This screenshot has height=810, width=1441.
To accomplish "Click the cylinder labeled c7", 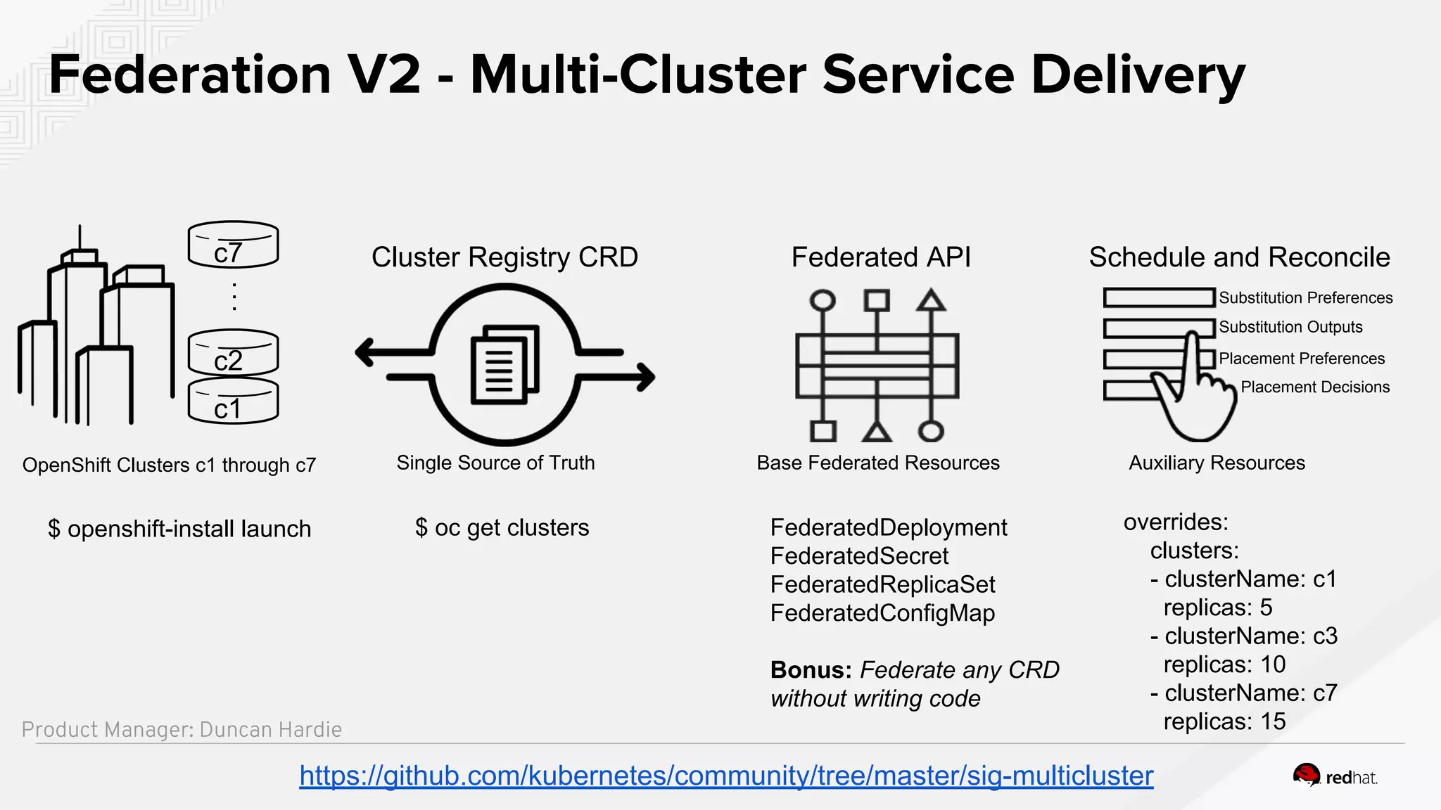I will tap(233, 245).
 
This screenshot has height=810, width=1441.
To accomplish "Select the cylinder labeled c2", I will tap(233, 354).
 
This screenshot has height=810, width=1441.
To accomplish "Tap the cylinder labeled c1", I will tap(233, 402).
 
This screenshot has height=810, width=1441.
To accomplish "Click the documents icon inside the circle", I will tap(504, 364).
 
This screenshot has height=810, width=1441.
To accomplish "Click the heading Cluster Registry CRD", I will tap(504, 257).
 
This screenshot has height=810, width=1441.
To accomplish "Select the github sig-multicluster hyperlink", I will tap(726, 776).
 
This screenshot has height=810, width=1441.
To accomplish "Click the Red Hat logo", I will tap(1334, 777).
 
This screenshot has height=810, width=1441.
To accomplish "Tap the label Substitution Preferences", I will tap(1305, 298).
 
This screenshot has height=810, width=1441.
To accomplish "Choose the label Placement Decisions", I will tap(1314, 387).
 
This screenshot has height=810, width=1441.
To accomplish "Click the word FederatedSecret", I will tap(859, 556).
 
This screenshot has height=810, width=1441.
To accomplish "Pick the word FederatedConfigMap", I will tap(882, 613).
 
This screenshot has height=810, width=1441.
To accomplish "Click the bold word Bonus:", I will tap(811, 670).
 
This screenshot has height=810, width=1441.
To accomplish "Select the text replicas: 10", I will tap(1224, 664).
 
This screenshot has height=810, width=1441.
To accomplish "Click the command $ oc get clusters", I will tap(502, 528).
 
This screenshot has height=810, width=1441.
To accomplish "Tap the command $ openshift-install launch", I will tap(179, 529).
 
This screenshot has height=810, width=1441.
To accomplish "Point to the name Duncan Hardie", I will tap(270, 730).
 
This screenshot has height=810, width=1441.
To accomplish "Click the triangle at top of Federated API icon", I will tap(930, 300).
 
